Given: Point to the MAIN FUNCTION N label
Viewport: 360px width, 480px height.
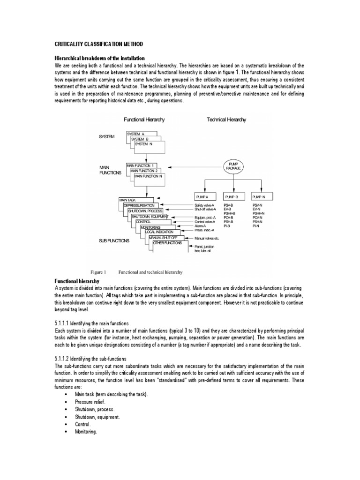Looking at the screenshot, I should click(148, 177).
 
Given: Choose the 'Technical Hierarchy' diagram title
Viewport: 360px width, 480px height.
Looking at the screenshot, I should click(226, 120).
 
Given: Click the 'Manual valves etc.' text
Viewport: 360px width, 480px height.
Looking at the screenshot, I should click(207, 238).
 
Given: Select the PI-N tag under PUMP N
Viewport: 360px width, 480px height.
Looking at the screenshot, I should click(256, 226).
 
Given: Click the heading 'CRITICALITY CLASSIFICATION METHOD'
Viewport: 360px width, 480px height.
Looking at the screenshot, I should click(99, 44).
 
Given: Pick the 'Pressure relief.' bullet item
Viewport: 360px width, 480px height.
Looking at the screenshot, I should click(90, 402).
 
